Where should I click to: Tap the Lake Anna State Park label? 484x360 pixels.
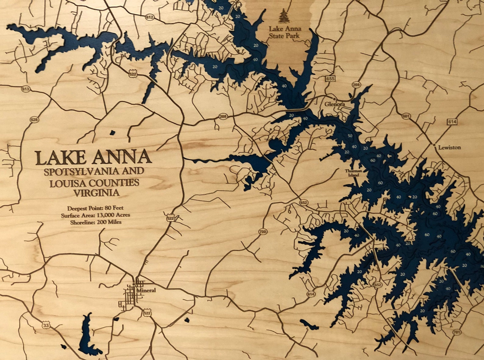pos(285,32)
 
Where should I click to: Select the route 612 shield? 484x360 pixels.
pos(150,17)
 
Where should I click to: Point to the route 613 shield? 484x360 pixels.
pos(25,89)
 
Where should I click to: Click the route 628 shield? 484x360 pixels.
pos(34,120)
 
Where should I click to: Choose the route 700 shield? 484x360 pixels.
pos(262,232)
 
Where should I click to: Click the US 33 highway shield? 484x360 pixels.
pos(46,326)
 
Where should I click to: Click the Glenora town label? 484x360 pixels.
pos(334,104)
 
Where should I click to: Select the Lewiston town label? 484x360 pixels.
pos(449,147)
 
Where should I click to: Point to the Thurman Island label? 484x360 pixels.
pos(354,173)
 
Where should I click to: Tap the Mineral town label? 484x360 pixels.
pos(146,290)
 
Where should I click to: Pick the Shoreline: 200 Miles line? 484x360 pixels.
pos(96,222)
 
